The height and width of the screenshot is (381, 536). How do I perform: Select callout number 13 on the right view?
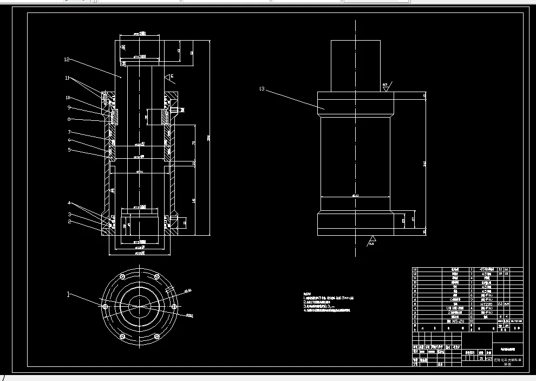click(263, 88)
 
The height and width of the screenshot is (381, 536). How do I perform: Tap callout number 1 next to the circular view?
click(69, 295)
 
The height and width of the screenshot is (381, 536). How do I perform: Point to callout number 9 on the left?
click(69, 108)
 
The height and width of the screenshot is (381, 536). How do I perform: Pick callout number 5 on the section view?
click(69, 150)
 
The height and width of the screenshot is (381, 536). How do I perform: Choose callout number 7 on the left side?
click(69, 132)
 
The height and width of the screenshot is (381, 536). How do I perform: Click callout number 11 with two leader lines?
click(67, 78)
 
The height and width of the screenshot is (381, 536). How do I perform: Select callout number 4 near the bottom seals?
click(69, 203)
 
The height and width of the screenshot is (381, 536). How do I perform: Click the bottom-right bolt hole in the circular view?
click(160, 337)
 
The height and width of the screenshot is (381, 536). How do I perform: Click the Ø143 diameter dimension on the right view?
click(356, 195)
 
